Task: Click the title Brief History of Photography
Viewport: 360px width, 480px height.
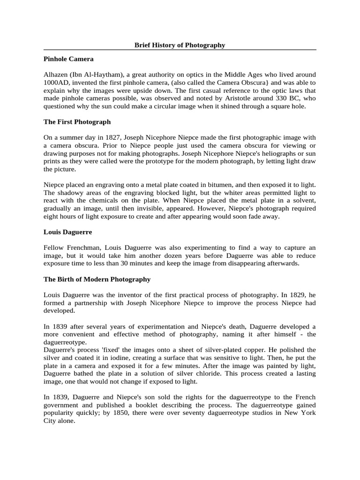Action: (180, 45)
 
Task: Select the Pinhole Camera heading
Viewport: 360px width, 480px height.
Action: (68, 59)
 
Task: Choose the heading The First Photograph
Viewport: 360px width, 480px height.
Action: (77, 122)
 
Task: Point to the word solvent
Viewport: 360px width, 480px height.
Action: (304, 200)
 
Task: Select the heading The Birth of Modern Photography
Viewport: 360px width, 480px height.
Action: (97, 279)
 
